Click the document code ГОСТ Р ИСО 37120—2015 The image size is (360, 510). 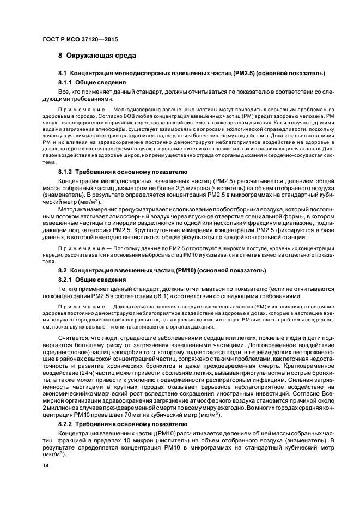(80, 40)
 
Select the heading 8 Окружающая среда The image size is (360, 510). (97, 56)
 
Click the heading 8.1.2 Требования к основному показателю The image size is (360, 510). (123, 171)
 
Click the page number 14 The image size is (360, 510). (46, 466)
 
